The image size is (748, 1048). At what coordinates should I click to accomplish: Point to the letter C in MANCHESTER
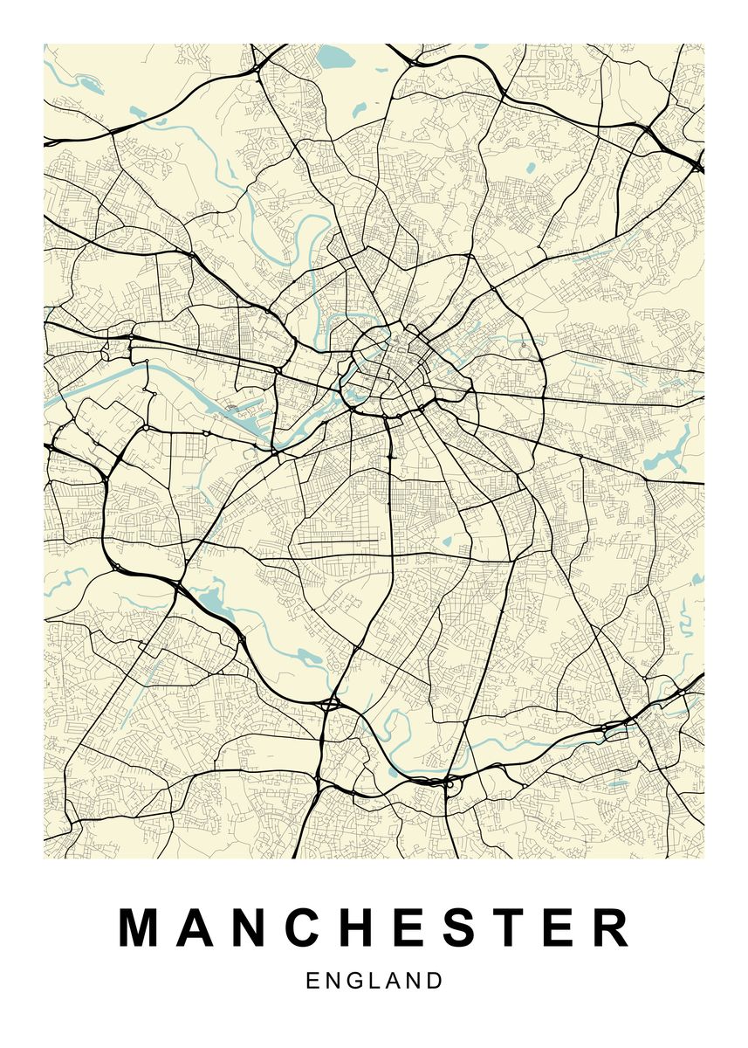(x=304, y=928)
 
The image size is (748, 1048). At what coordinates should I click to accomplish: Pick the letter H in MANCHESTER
(x=358, y=928)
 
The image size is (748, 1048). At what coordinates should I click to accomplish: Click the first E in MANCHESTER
(x=408, y=928)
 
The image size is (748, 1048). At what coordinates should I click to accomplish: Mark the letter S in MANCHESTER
(x=459, y=928)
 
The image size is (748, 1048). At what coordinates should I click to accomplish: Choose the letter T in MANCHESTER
(x=509, y=928)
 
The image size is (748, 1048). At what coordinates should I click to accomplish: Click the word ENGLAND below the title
(x=374, y=981)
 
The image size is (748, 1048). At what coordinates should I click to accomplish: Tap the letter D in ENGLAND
(x=435, y=981)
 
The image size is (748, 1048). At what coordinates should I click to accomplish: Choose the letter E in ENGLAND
(x=313, y=981)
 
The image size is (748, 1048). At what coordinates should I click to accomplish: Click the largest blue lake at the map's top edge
(x=333, y=59)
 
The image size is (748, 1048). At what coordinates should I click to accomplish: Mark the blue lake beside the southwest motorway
(x=212, y=600)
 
